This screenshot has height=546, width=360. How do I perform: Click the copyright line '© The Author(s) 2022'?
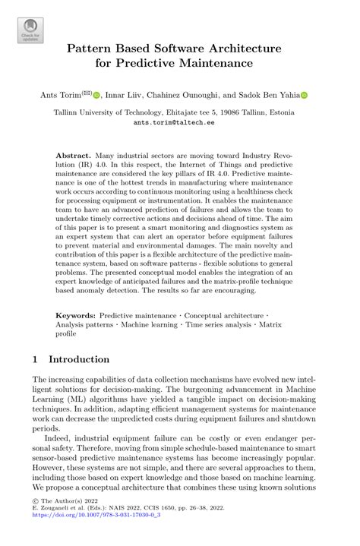tap(65, 516)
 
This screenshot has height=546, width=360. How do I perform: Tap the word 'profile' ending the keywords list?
tap(66, 333)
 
